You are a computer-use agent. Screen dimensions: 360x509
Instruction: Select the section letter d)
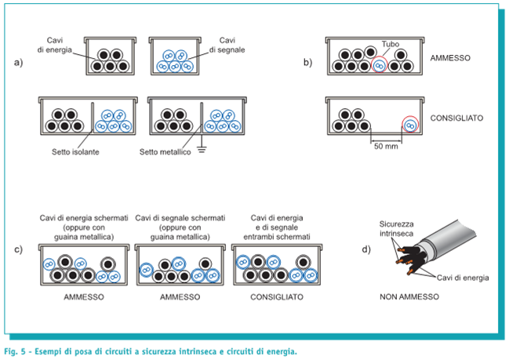(x=366, y=250)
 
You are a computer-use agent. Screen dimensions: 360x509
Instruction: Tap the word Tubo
(x=391, y=45)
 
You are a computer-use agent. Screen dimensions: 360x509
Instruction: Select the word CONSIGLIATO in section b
(x=456, y=119)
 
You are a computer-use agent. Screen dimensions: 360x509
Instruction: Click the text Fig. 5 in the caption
(x=15, y=351)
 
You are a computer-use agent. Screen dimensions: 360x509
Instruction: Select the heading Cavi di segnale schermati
(x=181, y=217)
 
